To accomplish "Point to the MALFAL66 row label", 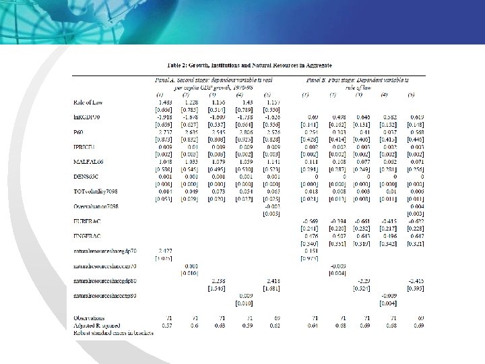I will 88,162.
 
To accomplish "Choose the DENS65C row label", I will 87,177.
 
